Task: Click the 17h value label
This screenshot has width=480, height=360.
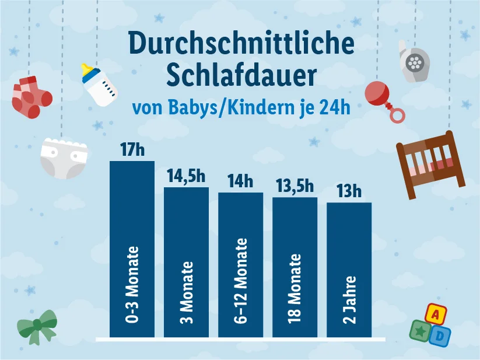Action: (132, 149)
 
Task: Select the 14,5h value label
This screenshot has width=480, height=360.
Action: (185, 176)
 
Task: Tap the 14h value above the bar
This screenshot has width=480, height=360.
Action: (240, 181)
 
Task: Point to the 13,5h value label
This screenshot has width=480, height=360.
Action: (295, 186)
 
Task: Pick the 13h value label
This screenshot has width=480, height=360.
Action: (349, 191)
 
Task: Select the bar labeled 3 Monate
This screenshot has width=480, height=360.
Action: (186, 262)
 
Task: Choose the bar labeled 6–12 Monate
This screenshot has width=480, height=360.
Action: (240, 265)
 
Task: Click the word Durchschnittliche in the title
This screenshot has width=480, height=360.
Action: (241, 46)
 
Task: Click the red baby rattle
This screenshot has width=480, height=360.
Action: (384, 97)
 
